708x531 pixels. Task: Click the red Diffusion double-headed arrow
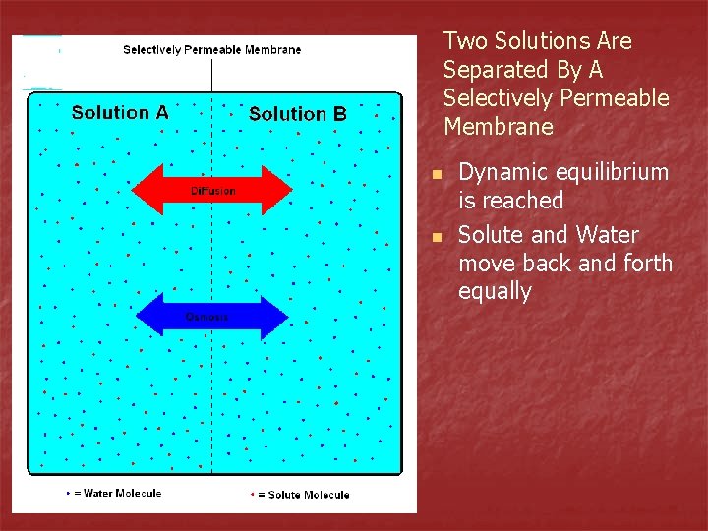pos(212,190)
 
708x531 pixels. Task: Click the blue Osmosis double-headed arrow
pos(211,316)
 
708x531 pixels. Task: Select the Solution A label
pos(120,112)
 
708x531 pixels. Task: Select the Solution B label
pos(298,114)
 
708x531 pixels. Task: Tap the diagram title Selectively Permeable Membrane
pos(211,49)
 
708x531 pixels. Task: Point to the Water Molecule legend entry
pos(116,493)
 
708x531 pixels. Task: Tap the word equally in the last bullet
pos(495,292)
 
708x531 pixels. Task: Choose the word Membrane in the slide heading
pos(499,127)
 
